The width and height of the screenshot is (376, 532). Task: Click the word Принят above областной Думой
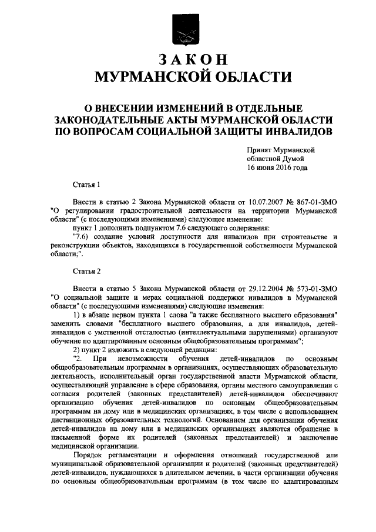[x=260, y=150]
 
